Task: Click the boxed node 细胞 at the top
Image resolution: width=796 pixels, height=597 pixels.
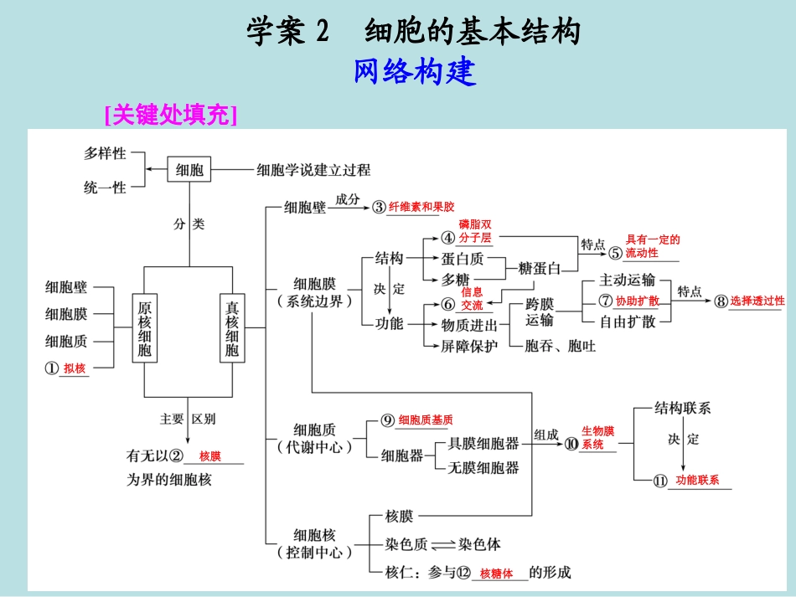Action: pyautogui.click(x=189, y=170)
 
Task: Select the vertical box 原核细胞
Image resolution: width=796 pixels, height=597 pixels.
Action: pyautogui.click(x=145, y=327)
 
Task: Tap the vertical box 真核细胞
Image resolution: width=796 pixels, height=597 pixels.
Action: pyautogui.click(x=232, y=327)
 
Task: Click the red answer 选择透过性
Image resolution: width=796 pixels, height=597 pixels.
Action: pyautogui.click(x=757, y=301)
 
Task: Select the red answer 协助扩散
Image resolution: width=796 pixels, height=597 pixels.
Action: pyautogui.click(x=637, y=301)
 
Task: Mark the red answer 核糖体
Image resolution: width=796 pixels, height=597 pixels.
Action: pyautogui.click(x=496, y=574)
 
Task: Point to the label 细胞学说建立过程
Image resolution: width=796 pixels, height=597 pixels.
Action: pyautogui.click(x=313, y=170)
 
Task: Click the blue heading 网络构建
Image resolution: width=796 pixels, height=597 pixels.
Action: pyautogui.click(x=414, y=73)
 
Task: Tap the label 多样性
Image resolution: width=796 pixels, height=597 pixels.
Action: pyautogui.click(x=105, y=153)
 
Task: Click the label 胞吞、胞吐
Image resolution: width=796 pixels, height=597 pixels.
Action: pyautogui.click(x=560, y=345)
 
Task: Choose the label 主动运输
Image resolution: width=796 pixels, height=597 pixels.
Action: pyautogui.click(x=628, y=280)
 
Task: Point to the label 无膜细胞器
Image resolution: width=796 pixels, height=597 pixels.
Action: pyautogui.click(x=483, y=467)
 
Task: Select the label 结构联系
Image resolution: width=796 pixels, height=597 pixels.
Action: pyautogui.click(x=683, y=409)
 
